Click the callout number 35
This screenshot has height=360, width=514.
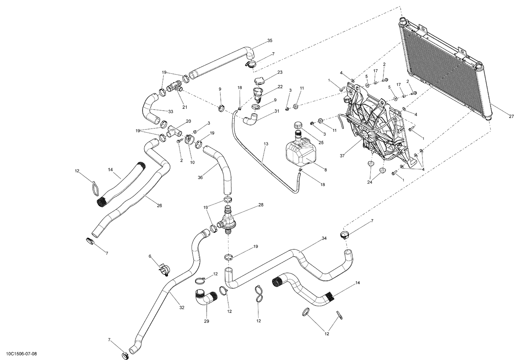tap(270, 41)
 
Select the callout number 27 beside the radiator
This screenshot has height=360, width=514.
tap(511, 116)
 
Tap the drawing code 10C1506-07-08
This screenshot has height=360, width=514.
tap(22, 353)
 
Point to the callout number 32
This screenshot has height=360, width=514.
tap(182, 308)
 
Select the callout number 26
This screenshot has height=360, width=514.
tap(159, 206)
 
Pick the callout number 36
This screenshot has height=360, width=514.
tap(200, 177)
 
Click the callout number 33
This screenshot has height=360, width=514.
tap(170, 112)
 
